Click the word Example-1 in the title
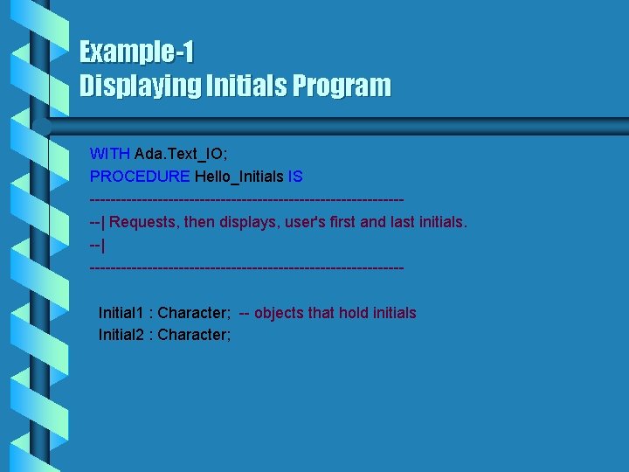tap(136, 52)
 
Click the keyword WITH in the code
tap(110, 153)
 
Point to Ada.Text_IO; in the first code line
tap(181, 153)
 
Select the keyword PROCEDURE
tap(140, 177)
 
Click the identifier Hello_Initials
tap(239, 177)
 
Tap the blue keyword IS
tap(295, 177)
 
